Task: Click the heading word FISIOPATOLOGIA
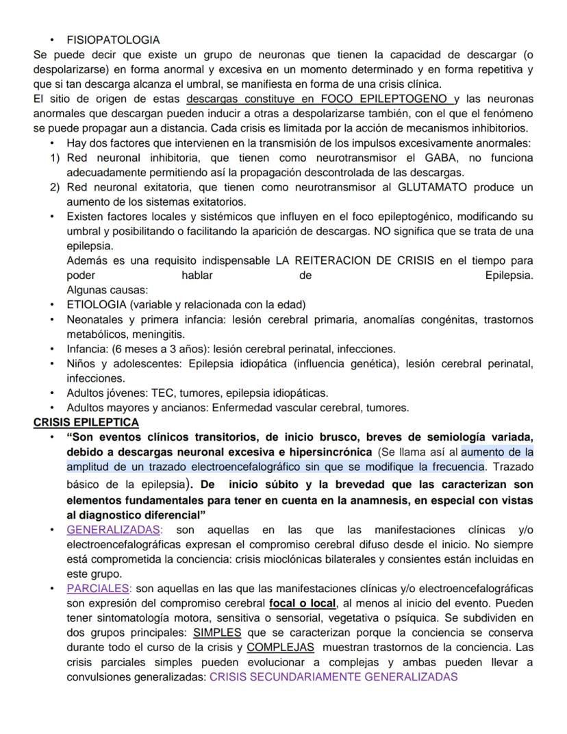pyautogui.click(x=113, y=40)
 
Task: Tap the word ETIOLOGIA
pyautogui.click(x=97, y=304)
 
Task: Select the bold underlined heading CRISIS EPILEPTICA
pyautogui.click(x=86, y=422)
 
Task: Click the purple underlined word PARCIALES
pyautogui.click(x=98, y=588)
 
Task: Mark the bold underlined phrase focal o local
pyautogui.click(x=303, y=603)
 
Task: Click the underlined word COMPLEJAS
pyautogui.click(x=280, y=647)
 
